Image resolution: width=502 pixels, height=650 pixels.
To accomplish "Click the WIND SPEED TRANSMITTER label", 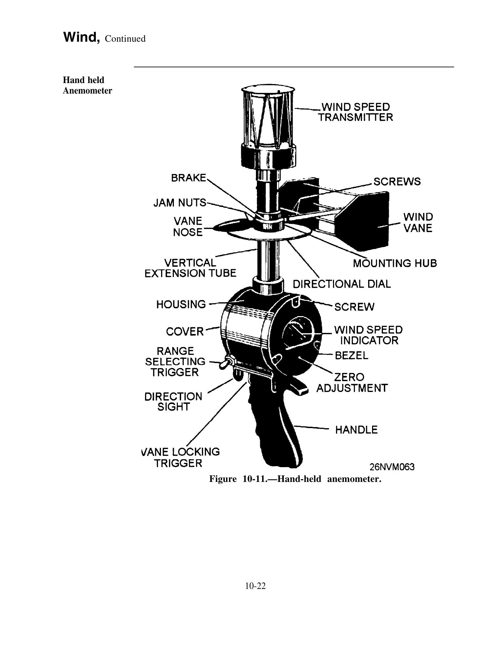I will pos(356,112).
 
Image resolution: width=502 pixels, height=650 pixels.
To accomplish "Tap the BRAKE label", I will pos(189,178).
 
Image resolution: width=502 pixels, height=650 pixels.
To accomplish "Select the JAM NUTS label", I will pos(180,203).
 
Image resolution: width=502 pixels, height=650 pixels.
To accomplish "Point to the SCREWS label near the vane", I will pos(397,182).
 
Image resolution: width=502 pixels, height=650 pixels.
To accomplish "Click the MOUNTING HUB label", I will pos(395,263).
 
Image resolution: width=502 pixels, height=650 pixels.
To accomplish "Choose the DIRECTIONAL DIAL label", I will pos(342,284).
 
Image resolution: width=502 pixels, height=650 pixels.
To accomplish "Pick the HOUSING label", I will pos(181,304).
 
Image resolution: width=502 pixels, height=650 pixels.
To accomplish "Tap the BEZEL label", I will pos(352,355).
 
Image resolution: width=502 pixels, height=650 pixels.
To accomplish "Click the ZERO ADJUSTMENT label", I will pos(352,382).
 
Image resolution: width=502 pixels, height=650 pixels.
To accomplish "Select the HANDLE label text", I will pos(356,430).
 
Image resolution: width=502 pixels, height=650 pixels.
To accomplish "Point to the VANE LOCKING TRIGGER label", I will pos(180,457).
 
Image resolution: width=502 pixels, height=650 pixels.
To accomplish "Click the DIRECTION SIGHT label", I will pos(174,401).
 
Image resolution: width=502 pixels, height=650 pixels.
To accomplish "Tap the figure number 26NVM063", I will pos(392,466).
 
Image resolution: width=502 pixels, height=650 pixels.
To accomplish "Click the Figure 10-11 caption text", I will pos(295,479).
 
